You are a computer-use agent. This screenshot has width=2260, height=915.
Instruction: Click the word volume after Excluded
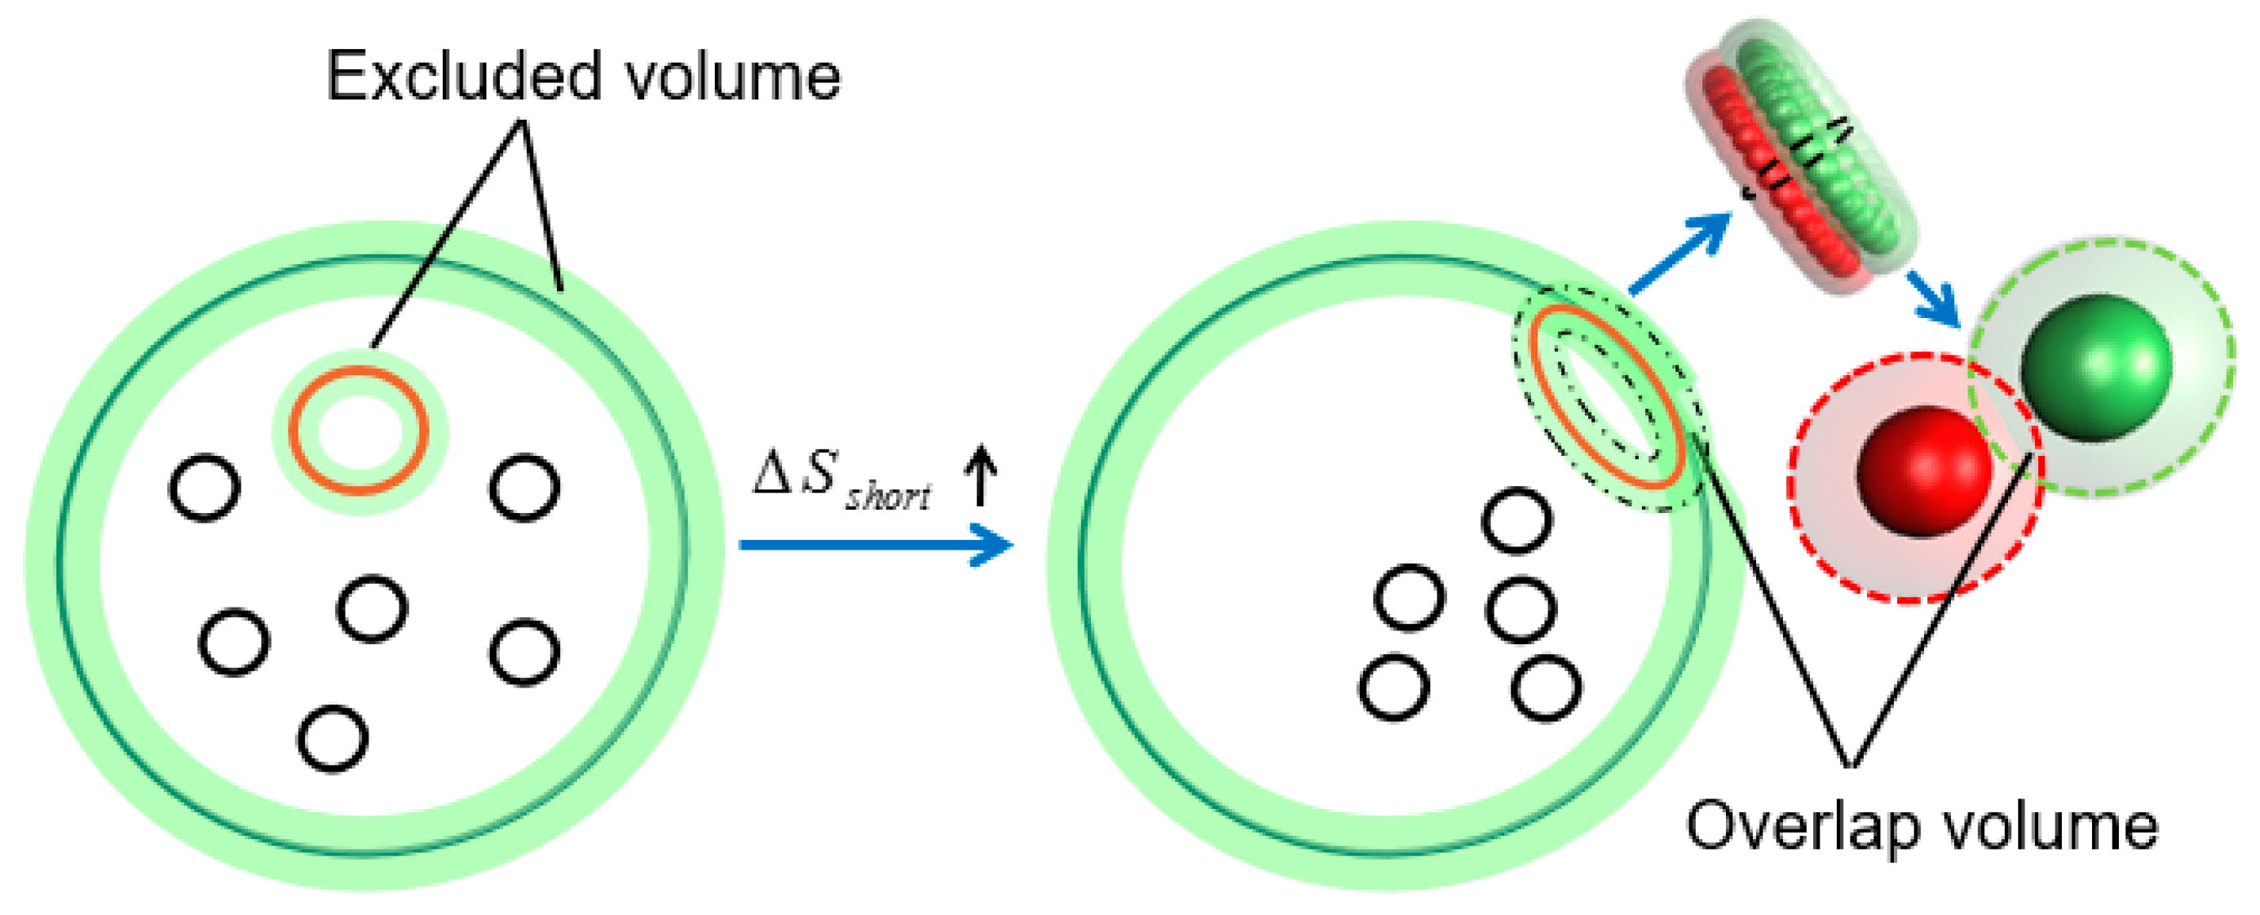click(x=733, y=77)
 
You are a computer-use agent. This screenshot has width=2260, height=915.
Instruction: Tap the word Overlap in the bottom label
click(x=1794, y=826)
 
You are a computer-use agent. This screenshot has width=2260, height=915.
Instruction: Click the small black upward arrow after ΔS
click(x=980, y=475)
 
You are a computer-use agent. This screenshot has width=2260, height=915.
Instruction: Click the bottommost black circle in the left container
click(x=333, y=739)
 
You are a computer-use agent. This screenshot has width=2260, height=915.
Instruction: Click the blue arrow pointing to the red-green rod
click(x=1680, y=254)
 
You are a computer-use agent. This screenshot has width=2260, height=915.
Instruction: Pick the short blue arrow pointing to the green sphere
click(x=1935, y=298)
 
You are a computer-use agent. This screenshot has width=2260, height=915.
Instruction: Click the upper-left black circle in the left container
click(x=205, y=488)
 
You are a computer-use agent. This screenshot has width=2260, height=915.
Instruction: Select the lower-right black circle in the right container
click(x=1547, y=687)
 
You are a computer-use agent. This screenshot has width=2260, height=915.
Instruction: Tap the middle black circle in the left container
click(x=372, y=608)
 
